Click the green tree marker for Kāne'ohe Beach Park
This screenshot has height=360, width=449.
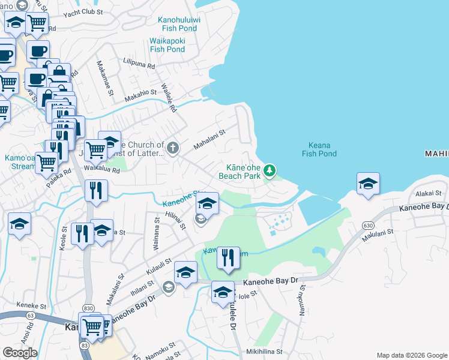[270, 172]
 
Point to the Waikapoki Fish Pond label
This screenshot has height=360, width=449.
[167, 45]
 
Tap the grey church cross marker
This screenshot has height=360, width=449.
[173, 148]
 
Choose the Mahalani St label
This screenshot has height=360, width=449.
[208, 140]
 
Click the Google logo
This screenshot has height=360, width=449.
[19, 353]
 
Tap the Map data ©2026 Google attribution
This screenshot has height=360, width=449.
[412, 355]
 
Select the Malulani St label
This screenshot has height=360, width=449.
[377, 235]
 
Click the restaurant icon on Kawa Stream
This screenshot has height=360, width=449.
[228, 258]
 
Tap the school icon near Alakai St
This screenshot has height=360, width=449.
[368, 184]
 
